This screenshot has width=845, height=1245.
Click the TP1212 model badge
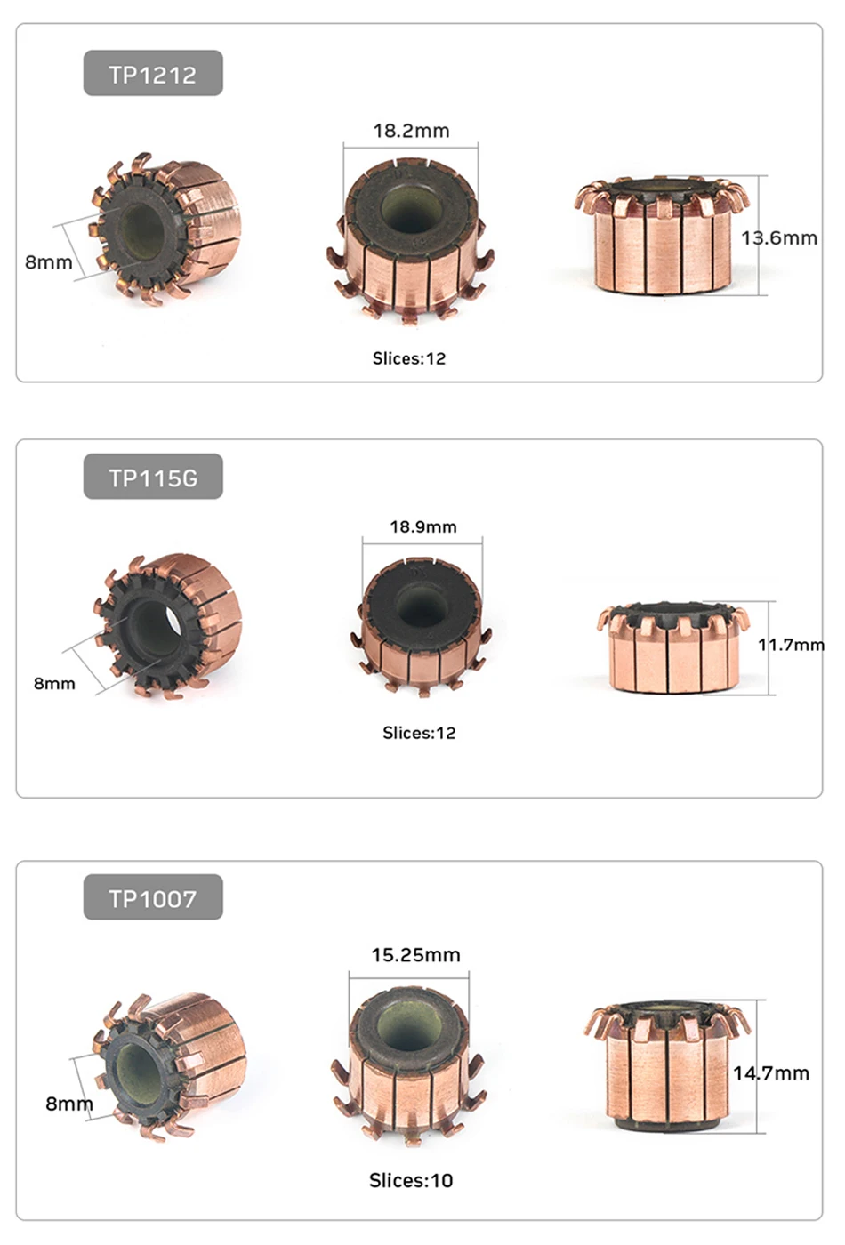coord(153,73)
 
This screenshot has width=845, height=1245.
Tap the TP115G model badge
coord(153,477)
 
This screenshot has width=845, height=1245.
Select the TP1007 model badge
coord(153,897)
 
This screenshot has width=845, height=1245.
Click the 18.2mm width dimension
coord(411,132)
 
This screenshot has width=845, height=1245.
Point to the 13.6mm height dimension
coord(779,238)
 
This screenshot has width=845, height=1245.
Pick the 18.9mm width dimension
coord(423,526)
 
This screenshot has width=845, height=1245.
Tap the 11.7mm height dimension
coord(791,645)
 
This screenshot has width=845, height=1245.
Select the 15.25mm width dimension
coord(416,955)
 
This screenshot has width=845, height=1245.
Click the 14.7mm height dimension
coord(771,1073)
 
